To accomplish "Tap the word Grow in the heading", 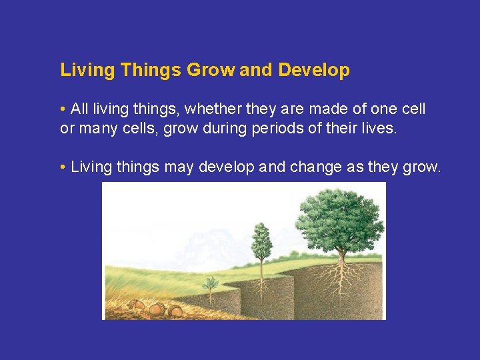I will coord(211,71).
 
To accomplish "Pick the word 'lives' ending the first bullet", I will coord(378,128).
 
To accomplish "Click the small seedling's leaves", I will coord(211,283).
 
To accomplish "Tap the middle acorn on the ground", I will coord(157,309).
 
